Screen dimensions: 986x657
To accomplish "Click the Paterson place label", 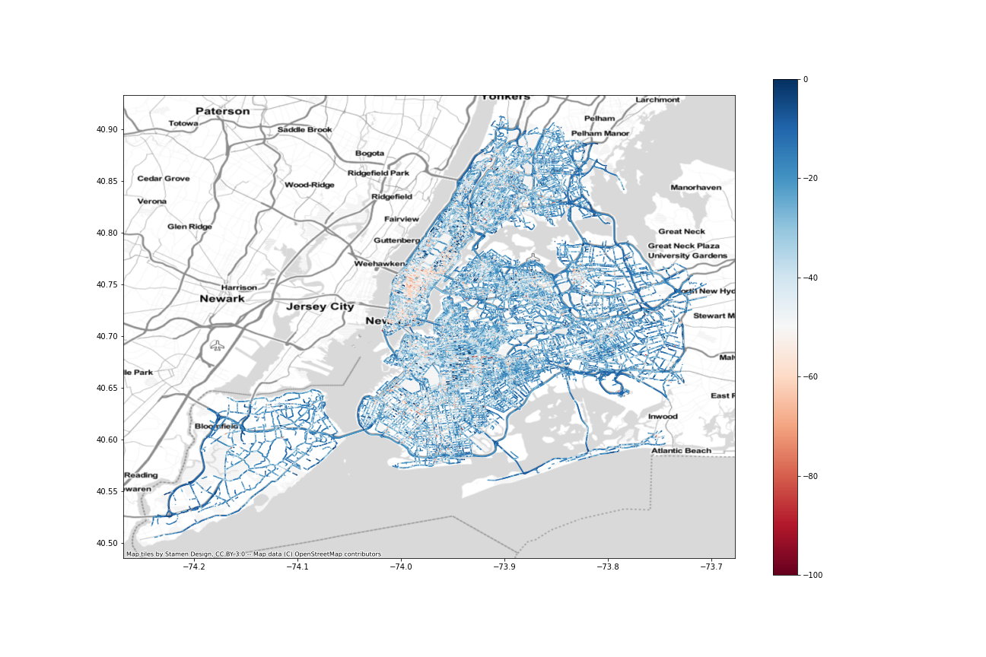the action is [x=222, y=111].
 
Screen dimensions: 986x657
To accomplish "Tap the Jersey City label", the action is [x=320, y=307].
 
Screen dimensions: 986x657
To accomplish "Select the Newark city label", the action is [x=222, y=299].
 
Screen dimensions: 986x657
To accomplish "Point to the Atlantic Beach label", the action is [x=681, y=451].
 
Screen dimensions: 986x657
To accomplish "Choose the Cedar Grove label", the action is [x=164, y=179].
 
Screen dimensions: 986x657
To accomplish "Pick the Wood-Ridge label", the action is [x=309, y=185].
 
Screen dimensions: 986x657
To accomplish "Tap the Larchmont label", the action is [x=657, y=100].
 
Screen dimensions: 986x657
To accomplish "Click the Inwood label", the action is [x=663, y=417].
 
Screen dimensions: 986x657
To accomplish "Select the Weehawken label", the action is [x=378, y=264].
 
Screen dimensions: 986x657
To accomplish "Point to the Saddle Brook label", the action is [x=304, y=129].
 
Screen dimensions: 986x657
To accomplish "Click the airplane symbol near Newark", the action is [x=218, y=345].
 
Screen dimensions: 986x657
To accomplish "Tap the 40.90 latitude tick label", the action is [x=107, y=129].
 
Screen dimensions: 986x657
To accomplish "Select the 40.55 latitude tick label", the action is [x=107, y=491].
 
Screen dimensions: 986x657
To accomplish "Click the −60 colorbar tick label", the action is [x=810, y=377].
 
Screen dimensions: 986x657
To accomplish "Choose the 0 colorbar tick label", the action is [x=805, y=80].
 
